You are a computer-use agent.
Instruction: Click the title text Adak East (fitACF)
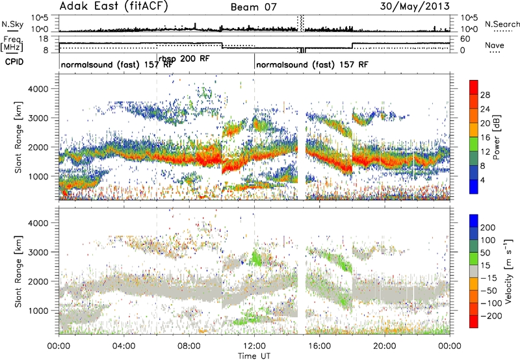pyautogui.click(x=113, y=6)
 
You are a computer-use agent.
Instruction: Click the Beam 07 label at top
pyautogui.click(x=253, y=7)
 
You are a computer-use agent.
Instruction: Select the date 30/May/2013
pyautogui.click(x=415, y=6)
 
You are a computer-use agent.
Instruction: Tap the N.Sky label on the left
pyautogui.click(x=12, y=24)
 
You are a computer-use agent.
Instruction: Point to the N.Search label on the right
pyautogui.click(x=502, y=24)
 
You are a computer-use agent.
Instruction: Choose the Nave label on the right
pyautogui.click(x=495, y=45)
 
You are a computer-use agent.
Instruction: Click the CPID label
pyautogui.click(x=14, y=62)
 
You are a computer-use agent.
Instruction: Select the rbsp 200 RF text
pyautogui.click(x=184, y=59)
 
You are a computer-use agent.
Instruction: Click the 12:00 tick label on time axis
pyautogui.click(x=254, y=346)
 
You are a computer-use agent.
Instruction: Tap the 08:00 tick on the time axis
pyautogui.click(x=189, y=346)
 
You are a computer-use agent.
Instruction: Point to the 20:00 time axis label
pyautogui.click(x=385, y=346)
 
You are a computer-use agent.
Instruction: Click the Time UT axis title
pyautogui.click(x=254, y=356)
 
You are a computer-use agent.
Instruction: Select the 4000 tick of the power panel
pyautogui.click(x=38, y=89)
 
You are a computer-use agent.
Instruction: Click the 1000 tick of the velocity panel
pyautogui.click(x=38, y=311)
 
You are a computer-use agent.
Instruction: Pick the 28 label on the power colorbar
pyautogui.click(x=485, y=95)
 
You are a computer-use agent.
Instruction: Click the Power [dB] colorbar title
pyautogui.click(x=497, y=137)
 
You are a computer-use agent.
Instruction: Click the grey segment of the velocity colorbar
pyautogui.click(x=474, y=272)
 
